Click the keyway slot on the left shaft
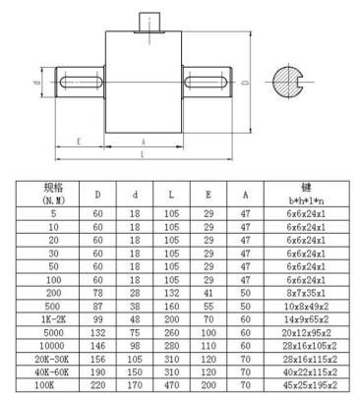pyautogui.click(x=81, y=82)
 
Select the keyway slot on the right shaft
pyautogui.click(x=207, y=82)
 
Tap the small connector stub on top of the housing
pyautogui.click(x=150, y=23)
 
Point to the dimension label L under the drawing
pyautogui.click(x=143, y=154)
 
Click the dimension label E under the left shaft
pyautogui.click(x=79, y=142)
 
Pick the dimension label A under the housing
pyautogui.click(x=144, y=142)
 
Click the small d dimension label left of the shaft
pyautogui.click(x=37, y=82)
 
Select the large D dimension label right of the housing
pyautogui.click(x=245, y=82)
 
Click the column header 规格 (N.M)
pyautogui.click(x=53, y=194)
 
